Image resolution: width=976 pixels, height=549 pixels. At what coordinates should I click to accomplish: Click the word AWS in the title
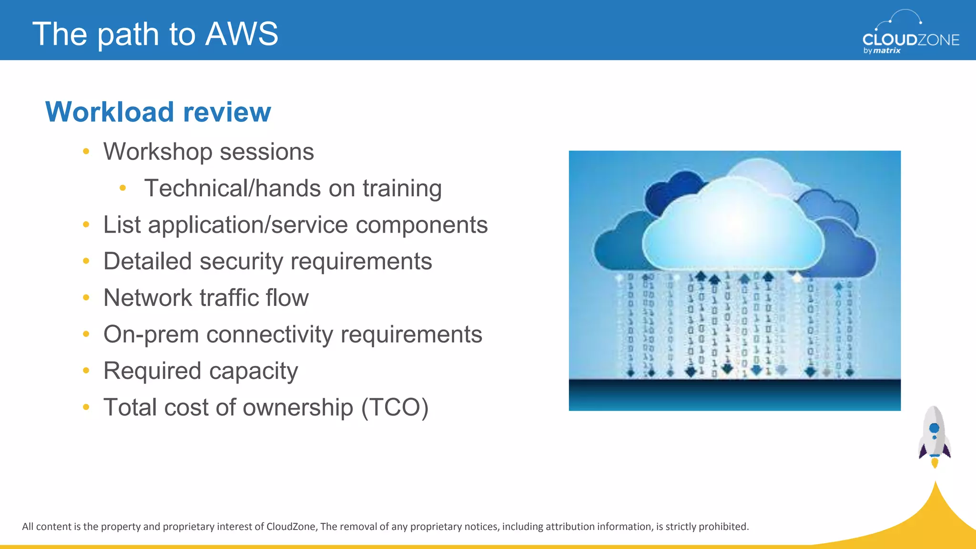click(x=242, y=34)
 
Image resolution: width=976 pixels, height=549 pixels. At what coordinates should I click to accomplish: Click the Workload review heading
click(x=158, y=112)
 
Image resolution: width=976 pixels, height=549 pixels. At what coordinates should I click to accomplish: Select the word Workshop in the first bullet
click(x=158, y=152)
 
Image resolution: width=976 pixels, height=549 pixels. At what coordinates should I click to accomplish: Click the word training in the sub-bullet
click(x=402, y=189)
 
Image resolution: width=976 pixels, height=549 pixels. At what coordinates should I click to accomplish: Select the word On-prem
click(x=151, y=335)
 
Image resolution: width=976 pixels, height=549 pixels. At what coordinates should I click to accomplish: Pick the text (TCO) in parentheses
click(x=395, y=408)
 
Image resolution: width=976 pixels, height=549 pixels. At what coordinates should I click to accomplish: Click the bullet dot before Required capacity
click(x=86, y=370)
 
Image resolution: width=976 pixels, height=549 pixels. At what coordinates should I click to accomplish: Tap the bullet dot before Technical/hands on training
click(x=122, y=188)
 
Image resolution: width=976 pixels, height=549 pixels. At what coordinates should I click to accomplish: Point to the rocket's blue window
click(x=934, y=428)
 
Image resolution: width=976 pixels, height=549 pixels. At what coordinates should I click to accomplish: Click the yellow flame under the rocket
click(x=935, y=462)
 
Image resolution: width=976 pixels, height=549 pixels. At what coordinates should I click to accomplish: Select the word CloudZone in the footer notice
click(x=291, y=527)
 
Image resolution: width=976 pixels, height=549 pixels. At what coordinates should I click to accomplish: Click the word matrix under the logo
click(x=887, y=51)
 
